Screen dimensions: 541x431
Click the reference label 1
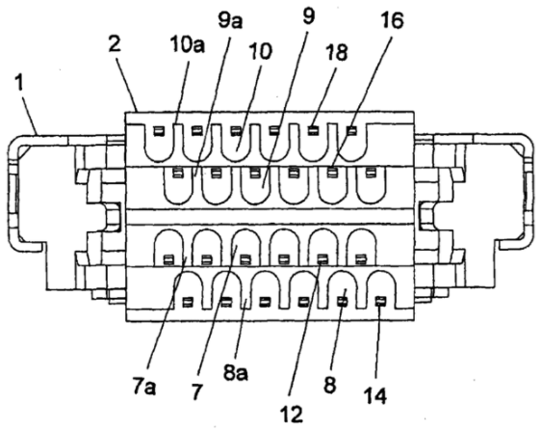tap(19, 83)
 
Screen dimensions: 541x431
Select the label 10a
tap(188, 44)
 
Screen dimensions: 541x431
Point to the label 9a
tap(230, 20)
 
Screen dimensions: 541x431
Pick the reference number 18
tap(336, 52)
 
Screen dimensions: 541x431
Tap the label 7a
tap(144, 387)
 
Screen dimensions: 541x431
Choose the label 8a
tap(235, 372)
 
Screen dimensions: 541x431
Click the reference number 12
tap(292, 414)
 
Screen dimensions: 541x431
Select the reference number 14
tap(375, 395)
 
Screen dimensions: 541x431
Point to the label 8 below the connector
tap(330, 384)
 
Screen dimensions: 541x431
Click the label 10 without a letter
tap(261, 51)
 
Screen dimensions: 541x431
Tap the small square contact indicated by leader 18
tap(313, 130)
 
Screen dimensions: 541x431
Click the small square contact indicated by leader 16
tap(332, 172)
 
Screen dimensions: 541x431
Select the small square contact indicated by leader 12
tap(322, 258)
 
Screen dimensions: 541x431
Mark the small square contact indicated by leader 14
tap(380, 302)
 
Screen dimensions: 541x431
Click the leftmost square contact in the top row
tap(159, 130)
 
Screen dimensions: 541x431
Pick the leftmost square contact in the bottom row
tap(187, 302)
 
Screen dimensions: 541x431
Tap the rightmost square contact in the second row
tap(371, 172)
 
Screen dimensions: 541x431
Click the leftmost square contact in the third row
tap(168, 258)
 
